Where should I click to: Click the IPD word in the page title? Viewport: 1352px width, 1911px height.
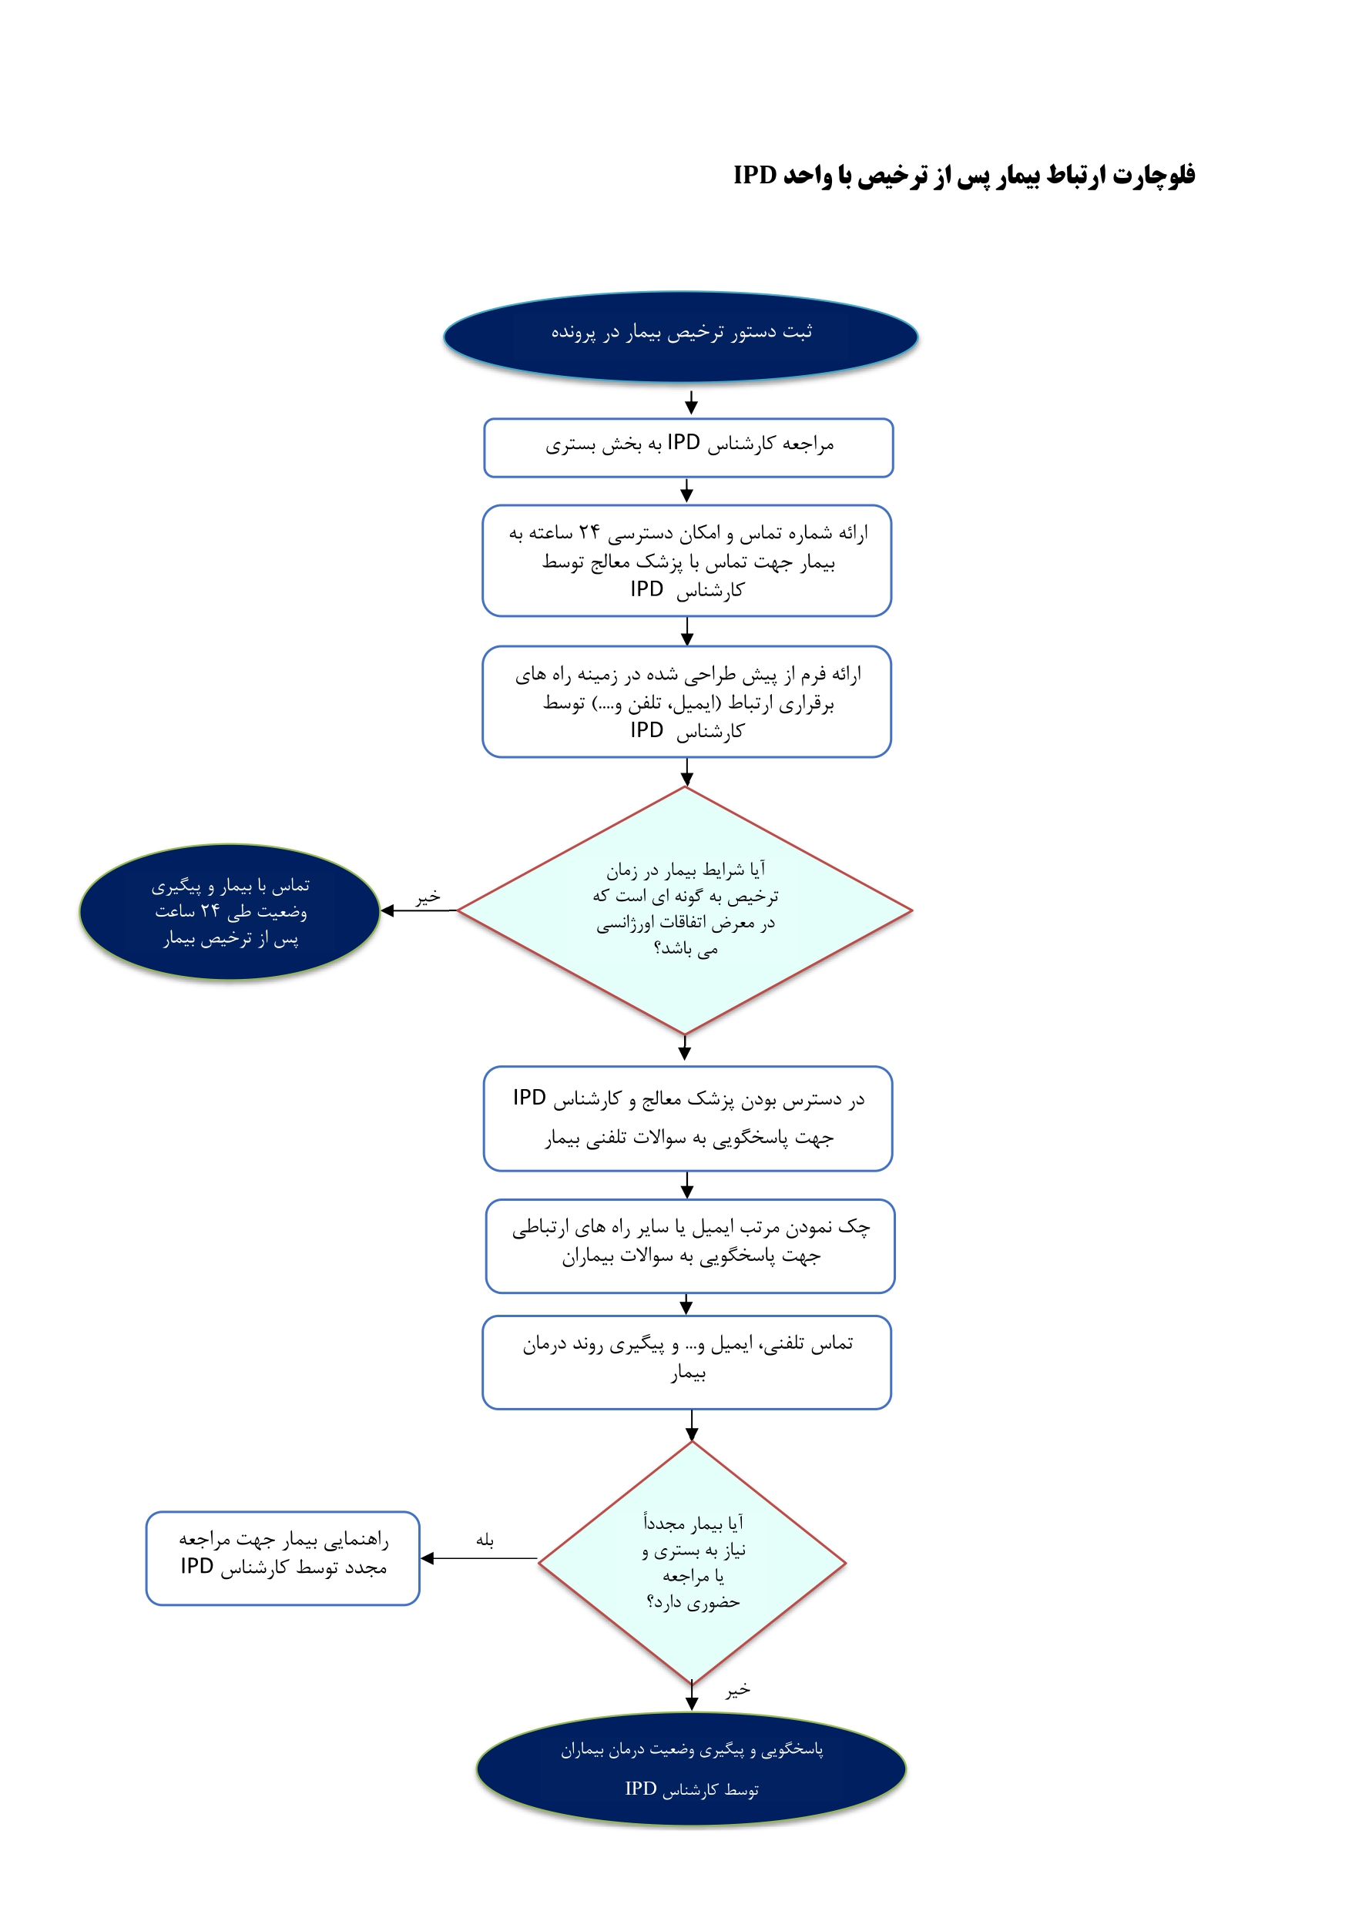tap(755, 175)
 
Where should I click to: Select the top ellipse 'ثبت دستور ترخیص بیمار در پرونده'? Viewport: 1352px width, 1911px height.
tap(680, 337)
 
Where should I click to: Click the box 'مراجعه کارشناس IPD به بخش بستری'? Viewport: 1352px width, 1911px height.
tap(689, 448)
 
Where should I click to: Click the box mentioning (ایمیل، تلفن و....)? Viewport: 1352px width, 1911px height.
tap(687, 702)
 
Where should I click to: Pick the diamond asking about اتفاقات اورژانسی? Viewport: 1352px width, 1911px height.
tap(684, 910)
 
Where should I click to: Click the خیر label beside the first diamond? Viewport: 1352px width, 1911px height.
tap(428, 897)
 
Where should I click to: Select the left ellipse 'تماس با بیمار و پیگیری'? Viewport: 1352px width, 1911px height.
tap(230, 911)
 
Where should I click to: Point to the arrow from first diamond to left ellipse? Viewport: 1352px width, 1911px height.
tap(419, 910)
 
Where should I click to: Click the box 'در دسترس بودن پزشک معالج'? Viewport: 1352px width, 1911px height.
tap(688, 1118)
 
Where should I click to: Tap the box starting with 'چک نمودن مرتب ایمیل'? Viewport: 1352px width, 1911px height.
tap(690, 1246)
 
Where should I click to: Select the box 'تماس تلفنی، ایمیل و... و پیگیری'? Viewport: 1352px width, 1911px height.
tap(687, 1363)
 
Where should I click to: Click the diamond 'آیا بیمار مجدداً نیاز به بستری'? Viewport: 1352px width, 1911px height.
tap(692, 1562)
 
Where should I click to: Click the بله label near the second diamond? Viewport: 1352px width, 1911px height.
tap(485, 1540)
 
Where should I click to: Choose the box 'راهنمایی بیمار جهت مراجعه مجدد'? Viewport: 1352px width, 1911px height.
tap(283, 1558)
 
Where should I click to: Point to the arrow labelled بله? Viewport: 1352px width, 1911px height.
tap(478, 1558)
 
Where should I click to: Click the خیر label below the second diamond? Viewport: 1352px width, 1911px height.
tap(737, 1691)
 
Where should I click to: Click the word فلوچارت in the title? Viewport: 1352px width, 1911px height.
tap(1154, 175)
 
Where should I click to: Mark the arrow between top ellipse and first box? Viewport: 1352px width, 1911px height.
tap(691, 403)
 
